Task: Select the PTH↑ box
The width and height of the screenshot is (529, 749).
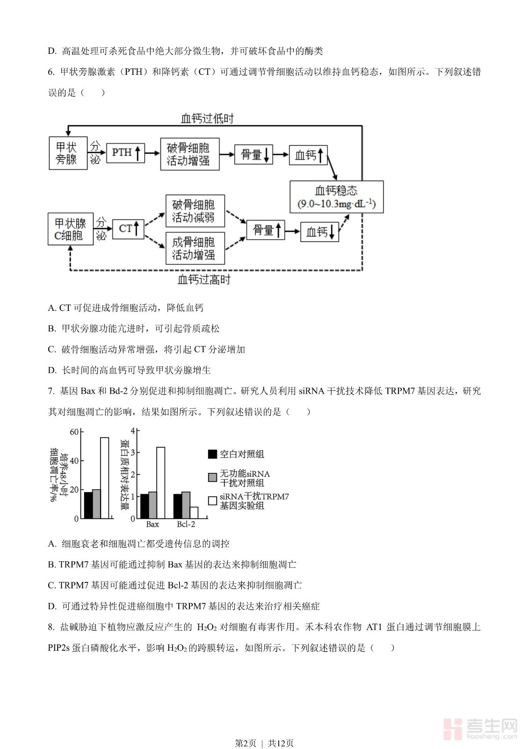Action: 125,153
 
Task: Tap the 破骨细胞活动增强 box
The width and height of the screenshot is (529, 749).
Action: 189,154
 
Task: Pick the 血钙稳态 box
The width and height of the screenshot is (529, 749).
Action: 337,197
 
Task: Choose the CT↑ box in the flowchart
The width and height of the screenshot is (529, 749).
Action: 128,228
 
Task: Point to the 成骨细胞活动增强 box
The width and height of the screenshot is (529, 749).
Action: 195,248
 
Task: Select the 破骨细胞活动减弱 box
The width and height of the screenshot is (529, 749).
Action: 195,211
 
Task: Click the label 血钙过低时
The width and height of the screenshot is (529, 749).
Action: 207,118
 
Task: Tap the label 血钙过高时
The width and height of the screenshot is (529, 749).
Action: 204,280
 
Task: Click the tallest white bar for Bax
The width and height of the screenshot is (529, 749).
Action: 160,483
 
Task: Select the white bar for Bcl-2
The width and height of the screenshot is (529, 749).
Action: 194,513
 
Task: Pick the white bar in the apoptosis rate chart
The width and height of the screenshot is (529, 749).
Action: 104,478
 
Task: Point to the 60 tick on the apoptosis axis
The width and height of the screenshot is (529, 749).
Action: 74,432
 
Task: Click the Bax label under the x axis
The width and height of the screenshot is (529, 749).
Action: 152,524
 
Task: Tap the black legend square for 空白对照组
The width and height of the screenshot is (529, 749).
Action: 212,454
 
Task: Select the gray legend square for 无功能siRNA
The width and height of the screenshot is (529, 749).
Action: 212,477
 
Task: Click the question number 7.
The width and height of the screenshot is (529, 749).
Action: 51,391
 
